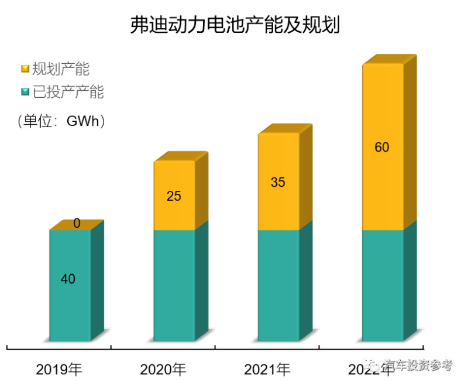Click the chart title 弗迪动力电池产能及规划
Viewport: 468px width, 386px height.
[x=234, y=26]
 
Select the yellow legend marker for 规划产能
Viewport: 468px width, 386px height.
[x=25, y=70]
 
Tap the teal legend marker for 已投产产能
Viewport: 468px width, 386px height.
[x=25, y=92]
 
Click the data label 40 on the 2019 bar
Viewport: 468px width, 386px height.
[x=68, y=279]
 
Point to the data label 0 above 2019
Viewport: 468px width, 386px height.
[x=77, y=223]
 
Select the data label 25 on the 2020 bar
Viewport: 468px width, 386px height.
[x=174, y=196]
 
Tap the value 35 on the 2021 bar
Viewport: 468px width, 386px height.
[x=278, y=182]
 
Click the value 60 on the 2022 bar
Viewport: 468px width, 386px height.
[x=382, y=147]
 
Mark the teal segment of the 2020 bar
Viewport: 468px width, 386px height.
[x=174, y=285]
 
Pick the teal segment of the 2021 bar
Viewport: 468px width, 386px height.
[x=278, y=285]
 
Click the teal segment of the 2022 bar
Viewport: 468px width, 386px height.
[x=382, y=285]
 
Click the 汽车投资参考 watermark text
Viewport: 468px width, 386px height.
[x=418, y=365]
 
